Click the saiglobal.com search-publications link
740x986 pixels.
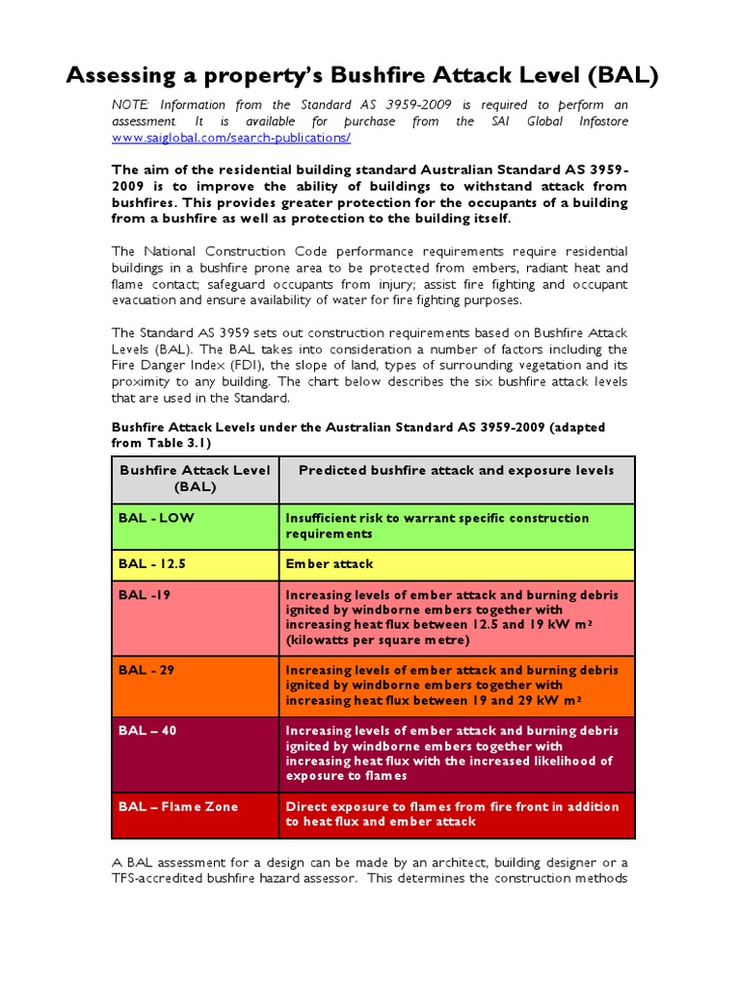pos(231,138)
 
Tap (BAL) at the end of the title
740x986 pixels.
pos(622,76)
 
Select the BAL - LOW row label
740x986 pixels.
pos(156,518)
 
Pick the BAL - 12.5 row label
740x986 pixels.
pos(157,563)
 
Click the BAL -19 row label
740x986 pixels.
pos(145,595)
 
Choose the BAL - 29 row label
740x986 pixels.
pos(146,670)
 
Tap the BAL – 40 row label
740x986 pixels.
pos(147,731)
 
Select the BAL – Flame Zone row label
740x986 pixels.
pos(178,806)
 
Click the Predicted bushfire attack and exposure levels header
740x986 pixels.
pos(456,471)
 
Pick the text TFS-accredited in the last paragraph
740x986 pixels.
pos(157,878)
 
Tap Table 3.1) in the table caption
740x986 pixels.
pos(174,442)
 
